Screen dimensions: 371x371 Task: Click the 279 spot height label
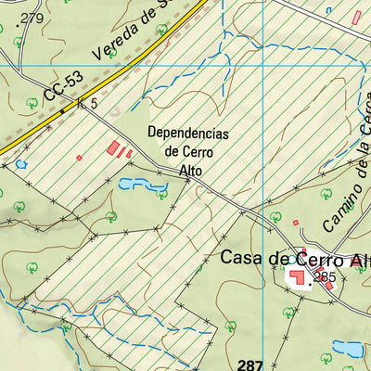tap(33, 19)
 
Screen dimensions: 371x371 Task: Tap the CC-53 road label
tap(57, 90)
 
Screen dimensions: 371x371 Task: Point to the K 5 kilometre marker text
tap(89, 104)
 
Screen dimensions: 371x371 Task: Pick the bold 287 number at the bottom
tap(250, 364)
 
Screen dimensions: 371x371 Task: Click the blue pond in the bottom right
tap(349, 349)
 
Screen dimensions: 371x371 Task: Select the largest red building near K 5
tap(115, 147)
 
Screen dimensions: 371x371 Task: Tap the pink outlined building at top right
tap(356, 17)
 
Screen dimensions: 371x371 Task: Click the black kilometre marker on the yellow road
tap(63, 111)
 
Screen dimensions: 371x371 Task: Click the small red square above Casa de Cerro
tap(296, 223)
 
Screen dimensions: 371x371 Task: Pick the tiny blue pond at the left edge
tap(20, 164)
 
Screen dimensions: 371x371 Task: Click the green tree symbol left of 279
tap(18, 42)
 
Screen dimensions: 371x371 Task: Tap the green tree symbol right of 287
tap(325, 356)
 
